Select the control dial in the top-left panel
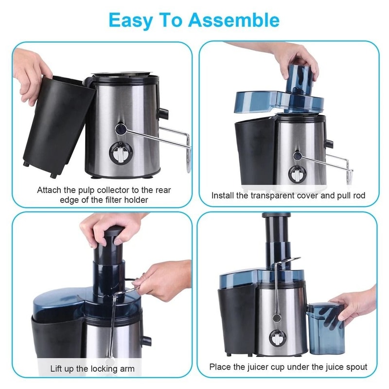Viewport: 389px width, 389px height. tap(119, 155)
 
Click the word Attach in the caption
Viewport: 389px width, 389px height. tap(50, 190)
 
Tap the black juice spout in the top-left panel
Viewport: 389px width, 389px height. tap(163, 114)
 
